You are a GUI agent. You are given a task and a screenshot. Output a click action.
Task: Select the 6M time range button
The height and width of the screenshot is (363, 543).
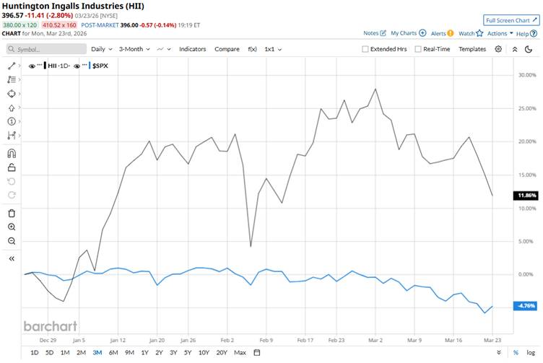[x=113, y=352]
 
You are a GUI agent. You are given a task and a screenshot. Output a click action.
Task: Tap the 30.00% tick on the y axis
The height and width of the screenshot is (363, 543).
[x=526, y=75]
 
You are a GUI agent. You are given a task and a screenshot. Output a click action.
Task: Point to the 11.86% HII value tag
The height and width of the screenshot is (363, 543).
[x=526, y=196]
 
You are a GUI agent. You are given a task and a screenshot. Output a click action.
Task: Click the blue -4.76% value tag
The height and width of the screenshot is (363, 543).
[x=526, y=306]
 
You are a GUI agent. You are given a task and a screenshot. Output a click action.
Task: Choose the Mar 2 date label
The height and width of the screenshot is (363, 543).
[x=375, y=338]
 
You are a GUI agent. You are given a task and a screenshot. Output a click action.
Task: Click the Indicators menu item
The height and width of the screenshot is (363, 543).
[x=193, y=49]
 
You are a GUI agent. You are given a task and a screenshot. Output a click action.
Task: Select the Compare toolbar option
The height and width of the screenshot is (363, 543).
[x=227, y=49]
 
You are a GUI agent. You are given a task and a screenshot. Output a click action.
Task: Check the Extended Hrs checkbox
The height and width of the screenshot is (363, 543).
[x=365, y=49]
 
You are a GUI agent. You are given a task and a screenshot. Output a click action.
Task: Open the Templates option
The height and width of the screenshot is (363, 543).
[x=472, y=49]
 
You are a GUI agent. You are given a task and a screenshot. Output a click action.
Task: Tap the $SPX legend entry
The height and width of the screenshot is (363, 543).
[x=97, y=66]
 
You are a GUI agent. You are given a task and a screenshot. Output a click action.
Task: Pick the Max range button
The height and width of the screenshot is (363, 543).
[x=240, y=352]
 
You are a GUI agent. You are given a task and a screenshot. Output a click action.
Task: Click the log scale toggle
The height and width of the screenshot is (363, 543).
[x=531, y=352]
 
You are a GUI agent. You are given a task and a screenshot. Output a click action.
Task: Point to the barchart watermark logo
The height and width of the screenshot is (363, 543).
[x=50, y=326]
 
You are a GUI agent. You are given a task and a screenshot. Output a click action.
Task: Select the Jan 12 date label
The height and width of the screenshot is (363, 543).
[x=118, y=338]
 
